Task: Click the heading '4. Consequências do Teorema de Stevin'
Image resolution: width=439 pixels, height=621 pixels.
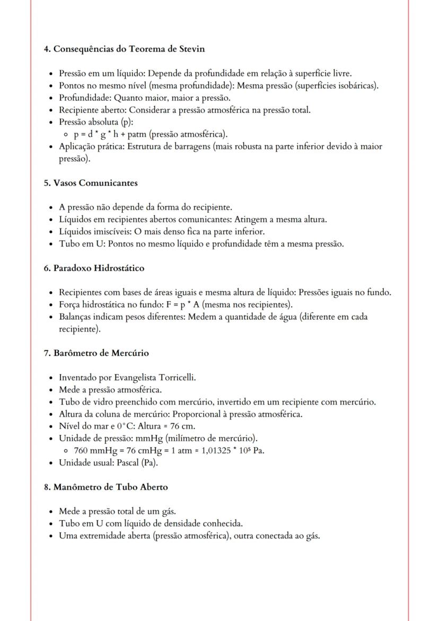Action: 124,49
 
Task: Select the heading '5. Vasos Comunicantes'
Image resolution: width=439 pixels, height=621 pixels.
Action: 91,183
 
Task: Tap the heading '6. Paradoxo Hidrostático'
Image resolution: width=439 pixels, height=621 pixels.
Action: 94,268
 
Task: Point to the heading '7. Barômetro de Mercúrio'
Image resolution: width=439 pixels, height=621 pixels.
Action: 96,353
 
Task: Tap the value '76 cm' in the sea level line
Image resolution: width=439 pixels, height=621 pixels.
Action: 182,426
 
